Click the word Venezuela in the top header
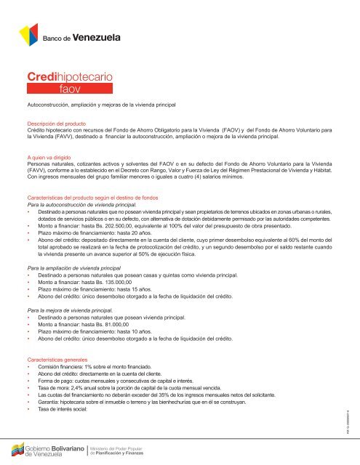pos(100,37)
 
